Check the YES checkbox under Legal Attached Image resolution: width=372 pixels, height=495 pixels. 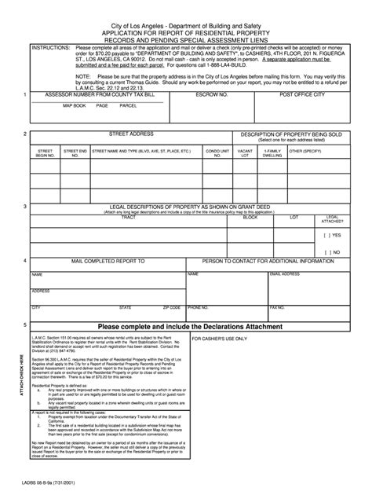tap(327, 235)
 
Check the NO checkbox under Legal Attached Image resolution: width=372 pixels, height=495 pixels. tap(327, 251)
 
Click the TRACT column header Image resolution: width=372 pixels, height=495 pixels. tap(128, 217)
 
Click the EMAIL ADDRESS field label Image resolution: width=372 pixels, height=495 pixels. tap(285, 274)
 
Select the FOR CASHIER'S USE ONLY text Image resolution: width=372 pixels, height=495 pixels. tap(219, 339)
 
